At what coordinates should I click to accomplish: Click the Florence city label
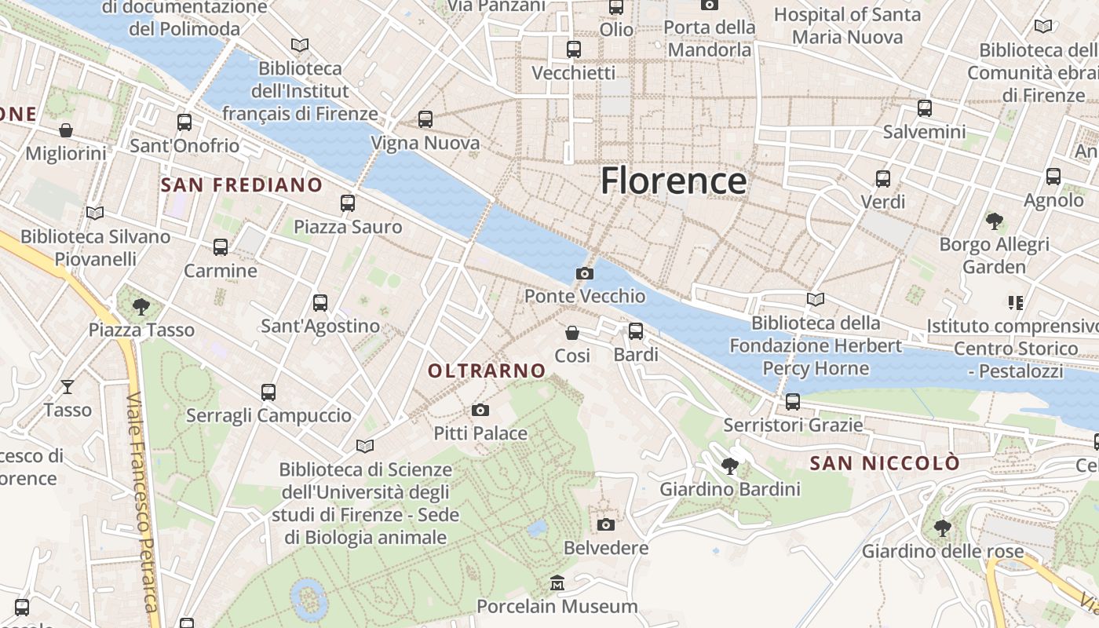pyautogui.click(x=674, y=181)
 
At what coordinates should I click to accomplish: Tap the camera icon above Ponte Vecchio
pyautogui.click(x=584, y=273)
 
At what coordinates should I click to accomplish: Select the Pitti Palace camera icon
pyautogui.click(x=480, y=410)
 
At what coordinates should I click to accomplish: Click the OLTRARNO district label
pyautogui.click(x=487, y=371)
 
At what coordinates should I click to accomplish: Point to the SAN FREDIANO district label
pyautogui.click(x=242, y=185)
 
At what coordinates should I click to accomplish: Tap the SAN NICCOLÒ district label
pyautogui.click(x=885, y=463)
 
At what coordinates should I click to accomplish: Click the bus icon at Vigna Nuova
pyautogui.click(x=425, y=119)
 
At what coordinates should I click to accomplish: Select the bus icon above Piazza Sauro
pyautogui.click(x=348, y=203)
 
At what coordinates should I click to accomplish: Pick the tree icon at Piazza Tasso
pyautogui.click(x=141, y=306)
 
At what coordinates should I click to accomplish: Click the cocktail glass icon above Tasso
pyautogui.click(x=68, y=386)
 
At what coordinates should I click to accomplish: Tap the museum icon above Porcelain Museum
pyautogui.click(x=557, y=582)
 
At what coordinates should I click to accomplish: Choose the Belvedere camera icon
pyautogui.click(x=605, y=524)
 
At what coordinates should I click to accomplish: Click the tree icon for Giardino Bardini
pyautogui.click(x=730, y=466)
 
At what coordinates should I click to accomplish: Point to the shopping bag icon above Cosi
pyautogui.click(x=572, y=333)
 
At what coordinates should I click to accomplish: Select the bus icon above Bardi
pyautogui.click(x=636, y=331)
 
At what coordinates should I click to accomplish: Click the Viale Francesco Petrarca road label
pyautogui.click(x=141, y=502)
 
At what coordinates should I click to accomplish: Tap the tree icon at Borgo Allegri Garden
pyautogui.click(x=995, y=221)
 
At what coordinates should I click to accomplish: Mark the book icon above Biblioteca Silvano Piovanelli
pyautogui.click(x=95, y=213)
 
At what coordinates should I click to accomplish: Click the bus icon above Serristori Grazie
pyautogui.click(x=793, y=402)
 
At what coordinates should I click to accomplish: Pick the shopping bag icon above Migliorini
pyautogui.click(x=66, y=130)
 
